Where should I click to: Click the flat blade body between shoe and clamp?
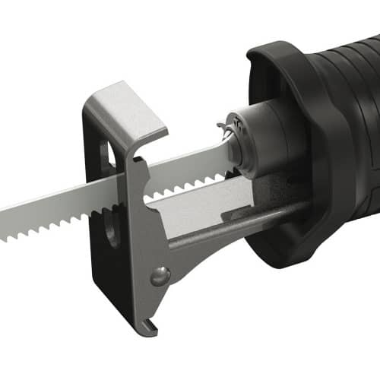pyautogui.click(x=182, y=167)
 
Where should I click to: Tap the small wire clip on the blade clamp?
pyautogui.click(x=222, y=129)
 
